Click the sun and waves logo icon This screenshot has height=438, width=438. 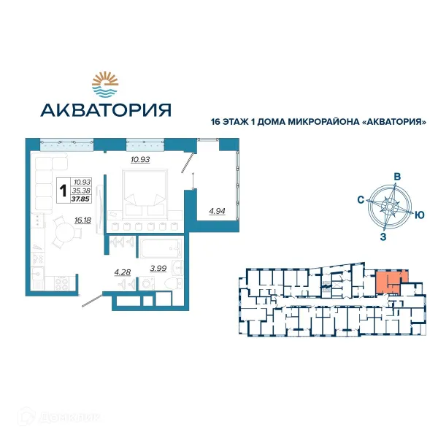point(105,84)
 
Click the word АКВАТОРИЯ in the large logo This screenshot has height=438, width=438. point(106,110)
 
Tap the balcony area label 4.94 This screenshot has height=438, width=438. point(217,211)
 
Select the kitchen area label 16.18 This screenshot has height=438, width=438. point(82,220)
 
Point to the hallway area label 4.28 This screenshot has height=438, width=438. point(123,272)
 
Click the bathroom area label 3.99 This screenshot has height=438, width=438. point(158,268)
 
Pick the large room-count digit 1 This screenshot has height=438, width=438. point(64,191)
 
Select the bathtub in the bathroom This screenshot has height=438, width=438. point(161,247)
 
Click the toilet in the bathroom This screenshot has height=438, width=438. point(173,284)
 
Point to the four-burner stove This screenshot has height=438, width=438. point(61,283)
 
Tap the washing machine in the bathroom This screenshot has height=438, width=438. point(147,283)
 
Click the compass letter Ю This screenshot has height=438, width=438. point(419,215)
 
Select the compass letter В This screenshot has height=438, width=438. point(397,177)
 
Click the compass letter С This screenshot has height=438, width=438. point(361,200)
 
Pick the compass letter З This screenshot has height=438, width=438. point(383,237)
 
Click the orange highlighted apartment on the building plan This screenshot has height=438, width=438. point(390,281)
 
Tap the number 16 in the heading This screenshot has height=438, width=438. point(216,122)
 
